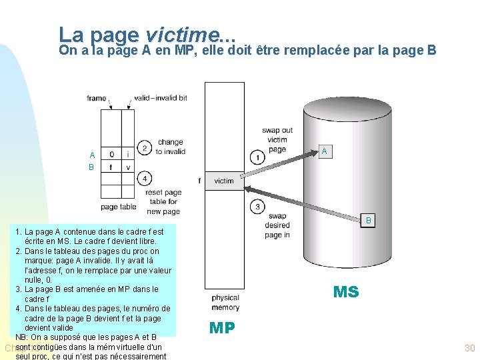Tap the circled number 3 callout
pos(258,206)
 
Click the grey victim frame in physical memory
pos(224,181)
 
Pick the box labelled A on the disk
pos(324,151)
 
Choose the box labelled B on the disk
pos(368,220)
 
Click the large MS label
pos(346,292)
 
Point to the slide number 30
pos(469,348)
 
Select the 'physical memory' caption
pos(225,303)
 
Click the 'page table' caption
pos(118,207)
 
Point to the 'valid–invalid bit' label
pos(160,98)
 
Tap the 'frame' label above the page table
pos(97,98)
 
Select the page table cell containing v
pos(127,167)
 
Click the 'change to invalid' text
pos(170,147)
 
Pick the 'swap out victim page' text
pos(277,139)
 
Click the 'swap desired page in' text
pos(277,225)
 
